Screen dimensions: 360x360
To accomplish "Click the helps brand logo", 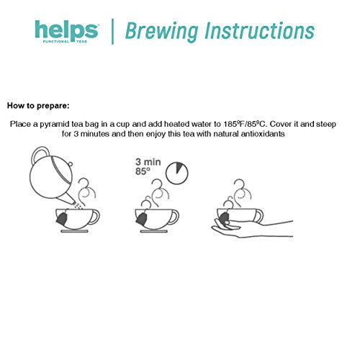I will (x=66, y=31).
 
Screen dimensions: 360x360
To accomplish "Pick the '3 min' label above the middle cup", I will (x=146, y=162).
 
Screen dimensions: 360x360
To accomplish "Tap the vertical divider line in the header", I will (x=112, y=32).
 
